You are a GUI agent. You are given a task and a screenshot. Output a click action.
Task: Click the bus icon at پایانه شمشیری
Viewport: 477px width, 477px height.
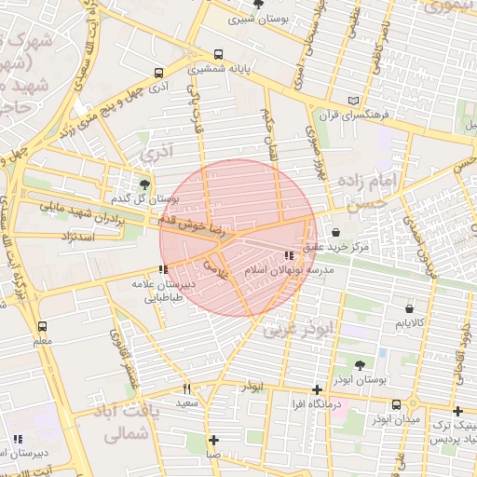click(218, 54)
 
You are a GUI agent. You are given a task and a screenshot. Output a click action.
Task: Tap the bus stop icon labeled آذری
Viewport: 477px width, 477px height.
click(158, 72)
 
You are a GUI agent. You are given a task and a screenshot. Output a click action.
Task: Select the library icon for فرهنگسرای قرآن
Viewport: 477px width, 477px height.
click(351, 101)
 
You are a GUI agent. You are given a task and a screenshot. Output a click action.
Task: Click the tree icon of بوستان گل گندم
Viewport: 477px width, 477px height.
click(144, 184)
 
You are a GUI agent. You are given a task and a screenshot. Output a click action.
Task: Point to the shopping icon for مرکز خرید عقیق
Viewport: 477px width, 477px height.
click(335, 233)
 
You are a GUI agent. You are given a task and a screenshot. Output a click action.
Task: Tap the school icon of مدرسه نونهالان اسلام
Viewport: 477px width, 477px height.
click(288, 254)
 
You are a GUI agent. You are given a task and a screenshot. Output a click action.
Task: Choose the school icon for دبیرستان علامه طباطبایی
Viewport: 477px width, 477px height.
click(164, 269)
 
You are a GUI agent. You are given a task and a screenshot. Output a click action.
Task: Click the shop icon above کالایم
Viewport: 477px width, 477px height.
click(409, 308)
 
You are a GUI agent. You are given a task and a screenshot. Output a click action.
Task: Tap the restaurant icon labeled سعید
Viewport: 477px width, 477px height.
click(187, 388)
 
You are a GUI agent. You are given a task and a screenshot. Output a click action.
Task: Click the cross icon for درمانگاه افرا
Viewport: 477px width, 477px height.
click(318, 388)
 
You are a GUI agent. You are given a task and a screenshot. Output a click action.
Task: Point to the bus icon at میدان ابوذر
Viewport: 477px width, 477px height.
click(398, 403)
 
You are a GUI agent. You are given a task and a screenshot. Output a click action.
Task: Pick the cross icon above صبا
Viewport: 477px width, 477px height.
click(213, 440)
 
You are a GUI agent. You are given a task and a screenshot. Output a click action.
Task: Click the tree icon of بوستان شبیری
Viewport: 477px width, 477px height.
click(258, 5)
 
